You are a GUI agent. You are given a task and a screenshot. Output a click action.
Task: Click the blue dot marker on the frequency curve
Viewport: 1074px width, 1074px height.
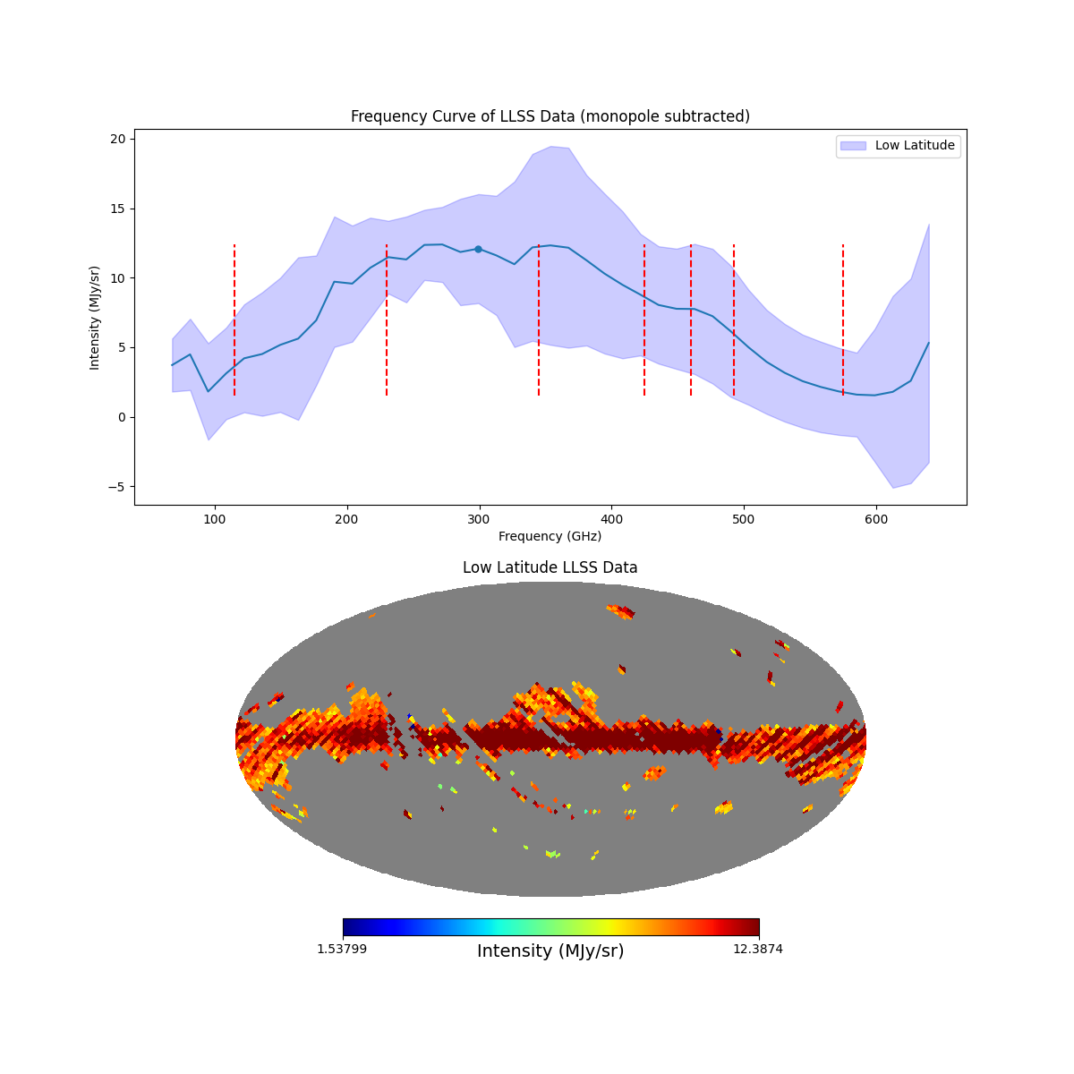(x=478, y=249)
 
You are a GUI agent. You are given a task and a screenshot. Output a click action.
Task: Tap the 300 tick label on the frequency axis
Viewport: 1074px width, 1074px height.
(x=479, y=518)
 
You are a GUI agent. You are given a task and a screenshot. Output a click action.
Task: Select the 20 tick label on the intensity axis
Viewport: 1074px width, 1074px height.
(x=117, y=139)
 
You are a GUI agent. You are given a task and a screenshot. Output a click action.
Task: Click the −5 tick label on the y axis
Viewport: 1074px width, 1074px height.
(x=115, y=487)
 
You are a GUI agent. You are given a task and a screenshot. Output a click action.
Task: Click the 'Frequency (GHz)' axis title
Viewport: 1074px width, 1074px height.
(x=550, y=536)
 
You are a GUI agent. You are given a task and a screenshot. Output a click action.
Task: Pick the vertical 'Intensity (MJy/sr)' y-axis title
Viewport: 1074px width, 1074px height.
(x=95, y=317)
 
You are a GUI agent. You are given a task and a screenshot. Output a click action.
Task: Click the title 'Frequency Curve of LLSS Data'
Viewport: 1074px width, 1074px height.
(x=550, y=116)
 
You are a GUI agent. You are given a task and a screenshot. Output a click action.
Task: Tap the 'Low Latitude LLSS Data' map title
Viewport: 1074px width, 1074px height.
(x=550, y=567)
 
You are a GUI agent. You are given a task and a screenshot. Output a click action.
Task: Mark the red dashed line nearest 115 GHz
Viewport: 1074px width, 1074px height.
(x=234, y=320)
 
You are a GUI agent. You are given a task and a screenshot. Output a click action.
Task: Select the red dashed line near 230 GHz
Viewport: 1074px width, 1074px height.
(x=387, y=320)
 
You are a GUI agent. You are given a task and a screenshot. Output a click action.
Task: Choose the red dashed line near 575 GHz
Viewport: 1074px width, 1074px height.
(x=843, y=320)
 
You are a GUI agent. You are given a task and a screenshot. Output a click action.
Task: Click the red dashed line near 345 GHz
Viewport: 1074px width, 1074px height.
(x=539, y=320)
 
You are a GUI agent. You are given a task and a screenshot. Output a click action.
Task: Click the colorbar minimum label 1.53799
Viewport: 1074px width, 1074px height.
(x=341, y=949)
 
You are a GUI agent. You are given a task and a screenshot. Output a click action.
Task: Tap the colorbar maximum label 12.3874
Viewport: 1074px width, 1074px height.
(x=757, y=949)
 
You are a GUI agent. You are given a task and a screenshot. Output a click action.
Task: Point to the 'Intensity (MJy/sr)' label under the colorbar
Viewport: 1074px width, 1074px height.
(x=550, y=951)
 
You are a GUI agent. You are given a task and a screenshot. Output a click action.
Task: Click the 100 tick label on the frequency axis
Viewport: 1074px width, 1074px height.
(x=214, y=518)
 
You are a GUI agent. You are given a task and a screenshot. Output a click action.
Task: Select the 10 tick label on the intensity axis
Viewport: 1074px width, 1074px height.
(x=117, y=278)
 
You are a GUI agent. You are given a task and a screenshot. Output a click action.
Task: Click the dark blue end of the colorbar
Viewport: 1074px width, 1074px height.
(x=349, y=927)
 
